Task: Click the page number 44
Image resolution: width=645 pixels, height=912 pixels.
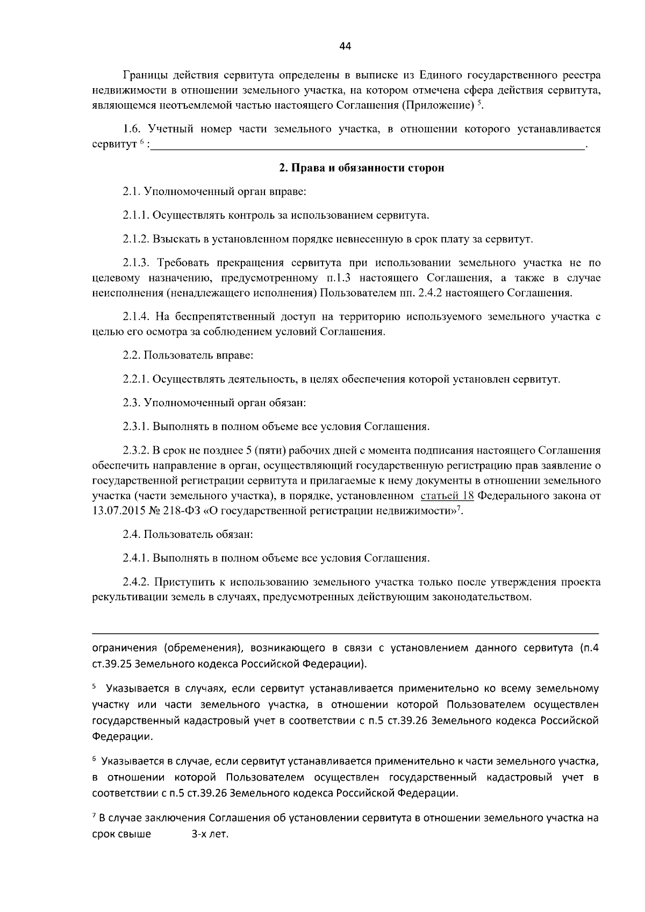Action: point(345,47)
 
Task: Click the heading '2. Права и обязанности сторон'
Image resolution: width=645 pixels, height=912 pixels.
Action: point(361,168)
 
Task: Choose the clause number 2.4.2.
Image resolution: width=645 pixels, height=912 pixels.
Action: point(138,582)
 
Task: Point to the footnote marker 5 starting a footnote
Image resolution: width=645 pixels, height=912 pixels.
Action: point(94,687)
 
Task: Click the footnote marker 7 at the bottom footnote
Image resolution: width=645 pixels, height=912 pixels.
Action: point(94,817)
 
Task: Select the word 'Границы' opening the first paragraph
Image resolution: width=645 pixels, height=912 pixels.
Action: point(142,75)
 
